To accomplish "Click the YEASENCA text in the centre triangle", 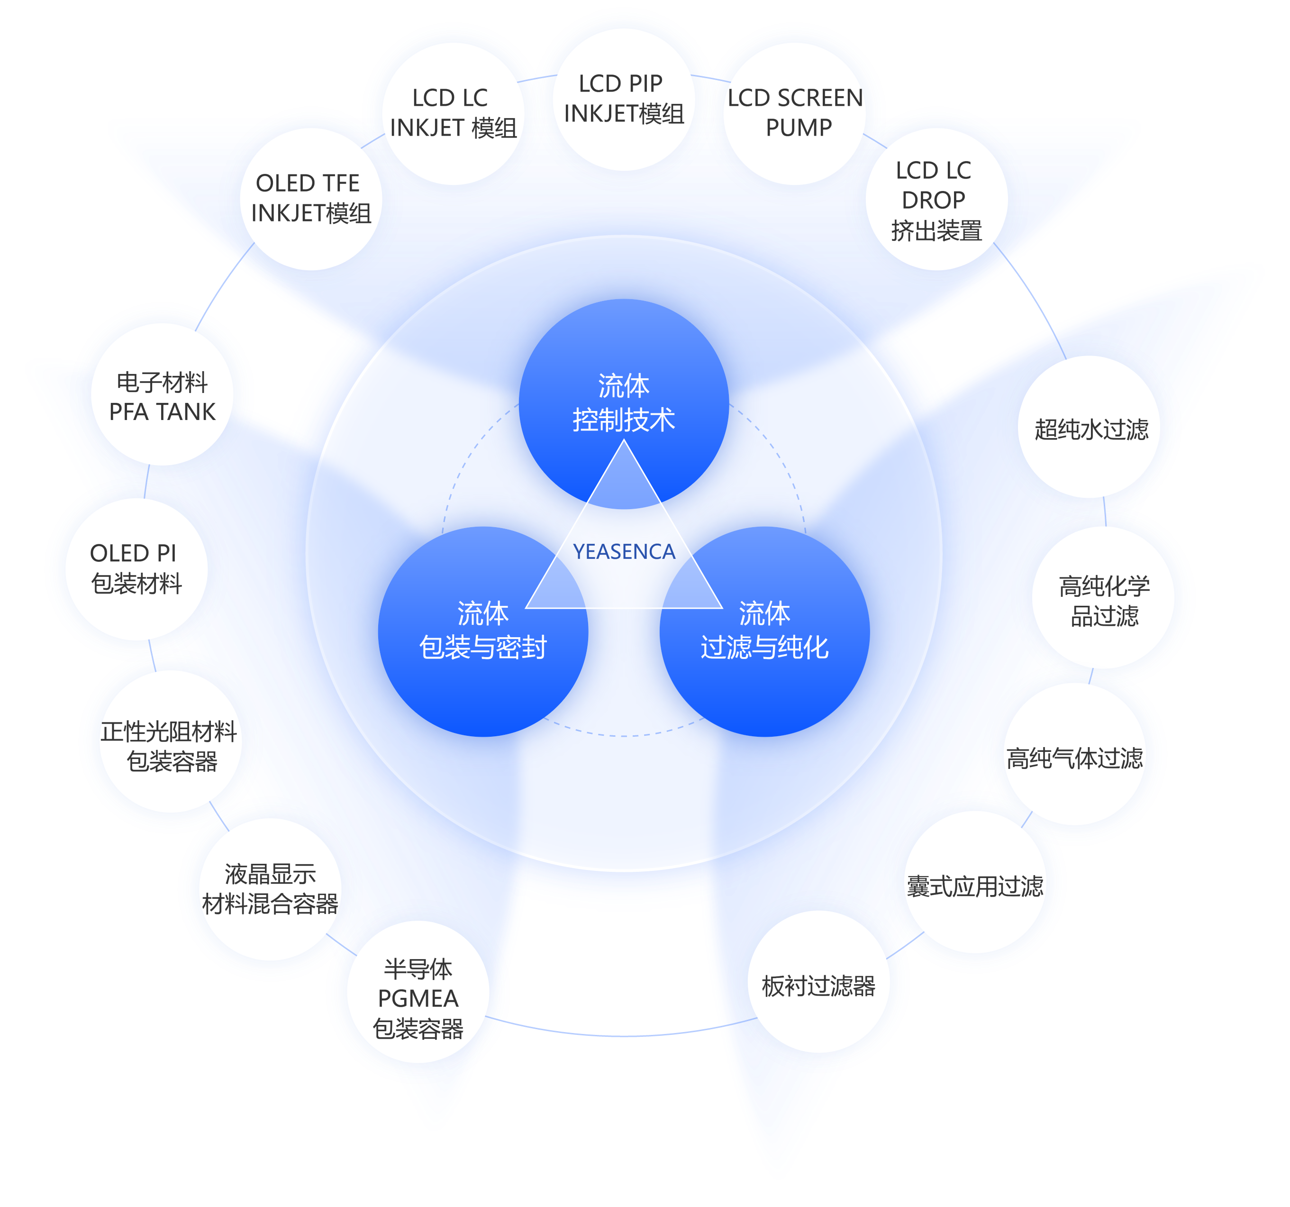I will pyautogui.click(x=624, y=551).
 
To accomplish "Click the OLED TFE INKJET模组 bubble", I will pyautogui.click(x=311, y=199).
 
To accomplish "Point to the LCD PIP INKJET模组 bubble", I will pyautogui.click(x=623, y=99).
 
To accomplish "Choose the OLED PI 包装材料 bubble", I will pyautogui.click(x=136, y=569).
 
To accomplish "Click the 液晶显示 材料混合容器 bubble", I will pyautogui.click(x=270, y=888).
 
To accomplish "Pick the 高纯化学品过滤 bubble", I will pyautogui.click(x=1103, y=599).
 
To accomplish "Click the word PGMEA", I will pyautogui.click(x=418, y=998).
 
